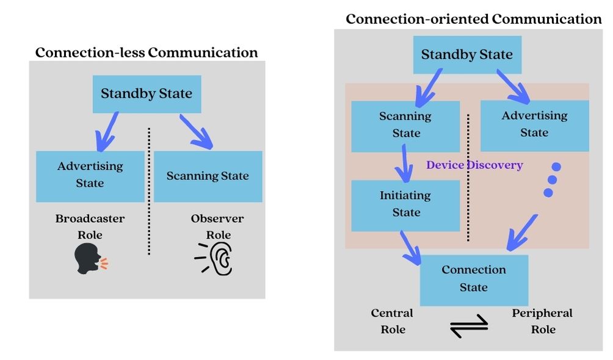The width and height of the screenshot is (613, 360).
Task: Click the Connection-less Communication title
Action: (x=147, y=52)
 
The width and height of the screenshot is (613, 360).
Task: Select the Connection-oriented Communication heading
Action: (x=473, y=19)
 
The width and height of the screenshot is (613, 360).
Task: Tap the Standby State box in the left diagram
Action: (x=147, y=94)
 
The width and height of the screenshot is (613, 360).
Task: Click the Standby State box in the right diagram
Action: (x=467, y=54)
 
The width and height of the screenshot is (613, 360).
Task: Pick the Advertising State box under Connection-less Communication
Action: (x=90, y=176)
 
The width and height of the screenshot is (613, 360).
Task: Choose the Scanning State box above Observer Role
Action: (x=208, y=176)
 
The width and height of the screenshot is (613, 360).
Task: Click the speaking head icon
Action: (x=90, y=259)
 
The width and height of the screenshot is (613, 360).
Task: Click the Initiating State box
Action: (x=405, y=205)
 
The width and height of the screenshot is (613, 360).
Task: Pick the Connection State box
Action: (x=474, y=279)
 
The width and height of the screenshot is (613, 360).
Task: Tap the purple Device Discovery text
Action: (x=474, y=165)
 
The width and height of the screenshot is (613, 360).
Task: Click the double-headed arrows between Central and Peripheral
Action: (x=468, y=325)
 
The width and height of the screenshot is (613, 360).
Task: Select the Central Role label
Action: (x=392, y=321)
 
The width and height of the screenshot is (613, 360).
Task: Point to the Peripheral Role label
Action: (x=542, y=321)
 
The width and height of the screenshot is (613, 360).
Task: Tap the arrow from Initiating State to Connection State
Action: (x=410, y=247)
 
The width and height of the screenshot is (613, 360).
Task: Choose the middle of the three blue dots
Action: (x=553, y=179)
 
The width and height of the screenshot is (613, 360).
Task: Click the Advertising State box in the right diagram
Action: (x=534, y=125)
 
